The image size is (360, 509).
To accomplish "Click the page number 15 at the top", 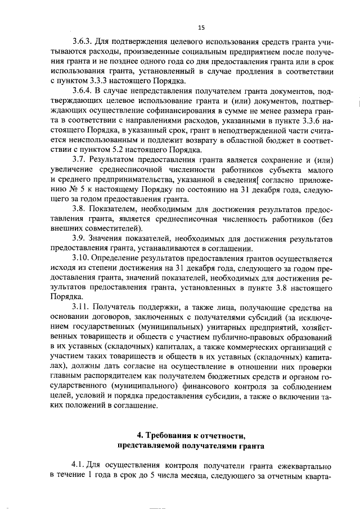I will [x=201, y=26].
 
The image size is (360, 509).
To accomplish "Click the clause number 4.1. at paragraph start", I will [x=79, y=466].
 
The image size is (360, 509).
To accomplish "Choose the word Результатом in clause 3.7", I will [x=115, y=160].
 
